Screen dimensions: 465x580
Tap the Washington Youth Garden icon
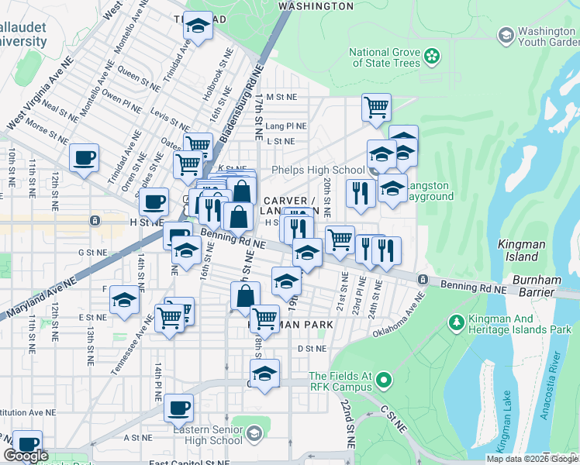506,36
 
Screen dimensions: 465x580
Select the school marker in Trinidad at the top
199,27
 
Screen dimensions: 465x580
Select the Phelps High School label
317,170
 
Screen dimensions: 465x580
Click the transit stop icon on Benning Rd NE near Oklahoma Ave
423,279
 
